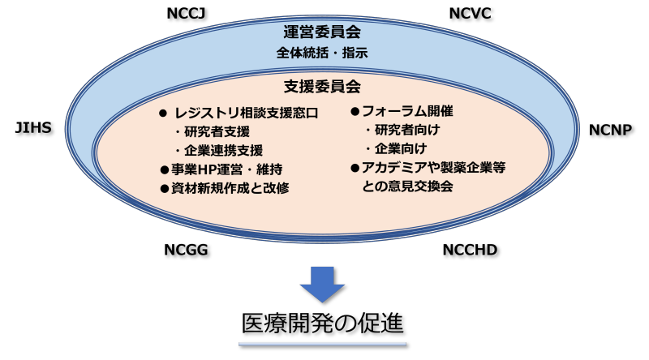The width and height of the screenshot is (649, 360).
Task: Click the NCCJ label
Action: pos(186,13)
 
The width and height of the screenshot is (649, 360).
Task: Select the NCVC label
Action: pos(471,13)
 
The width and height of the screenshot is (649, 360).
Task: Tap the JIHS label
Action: pos(33,127)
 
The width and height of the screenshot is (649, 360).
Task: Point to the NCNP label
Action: pos(611,130)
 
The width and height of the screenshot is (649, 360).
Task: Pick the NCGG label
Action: pos(186,250)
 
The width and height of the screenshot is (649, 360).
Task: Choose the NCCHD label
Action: pos(471,250)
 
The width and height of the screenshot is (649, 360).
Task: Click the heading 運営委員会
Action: pos(322,32)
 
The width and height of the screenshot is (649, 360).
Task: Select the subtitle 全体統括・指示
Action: pos(322,53)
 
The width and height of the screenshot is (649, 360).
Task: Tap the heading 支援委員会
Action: pos(322,87)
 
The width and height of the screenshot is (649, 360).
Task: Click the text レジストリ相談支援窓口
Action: pos(247,113)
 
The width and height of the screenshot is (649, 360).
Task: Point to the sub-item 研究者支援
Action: pos(217,131)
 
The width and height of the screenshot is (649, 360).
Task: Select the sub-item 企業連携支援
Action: pos(223,150)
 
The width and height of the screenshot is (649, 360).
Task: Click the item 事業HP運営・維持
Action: pos(227,169)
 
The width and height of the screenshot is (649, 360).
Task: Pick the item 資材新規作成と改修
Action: pos(230,188)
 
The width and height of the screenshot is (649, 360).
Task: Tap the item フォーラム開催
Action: pos(407,111)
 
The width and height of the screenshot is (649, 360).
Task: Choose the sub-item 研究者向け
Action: pos(407,130)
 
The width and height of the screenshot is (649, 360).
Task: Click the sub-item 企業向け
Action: pos(401,148)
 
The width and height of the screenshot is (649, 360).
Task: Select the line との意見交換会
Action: pos(407,186)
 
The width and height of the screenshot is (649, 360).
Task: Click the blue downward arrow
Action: pos(322,285)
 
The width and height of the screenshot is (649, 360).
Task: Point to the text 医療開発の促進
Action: pos(322,324)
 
